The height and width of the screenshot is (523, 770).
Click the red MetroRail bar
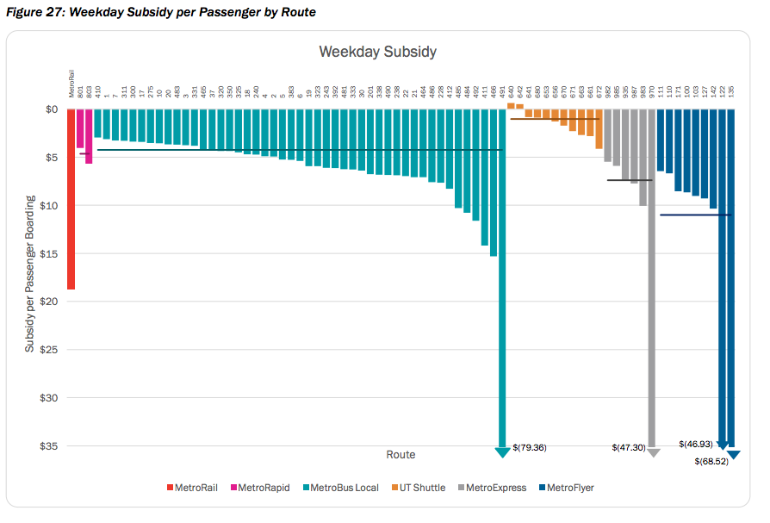(x=71, y=198)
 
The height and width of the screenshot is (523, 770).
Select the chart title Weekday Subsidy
(x=377, y=52)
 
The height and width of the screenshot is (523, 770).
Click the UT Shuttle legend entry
(x=419, y=488)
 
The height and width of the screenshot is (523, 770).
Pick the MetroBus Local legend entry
(x=340, y=488)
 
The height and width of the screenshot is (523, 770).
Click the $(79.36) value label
(x=530, y=447)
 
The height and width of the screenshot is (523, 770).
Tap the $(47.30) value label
(x=629, y=448)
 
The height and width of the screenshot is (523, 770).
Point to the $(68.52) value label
(x=712, y=462)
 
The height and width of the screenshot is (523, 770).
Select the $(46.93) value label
(x=696, y=444)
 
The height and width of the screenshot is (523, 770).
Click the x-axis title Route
(x=401, y=454)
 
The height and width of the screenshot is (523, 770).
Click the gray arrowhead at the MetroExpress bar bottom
(x=653, y=452)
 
